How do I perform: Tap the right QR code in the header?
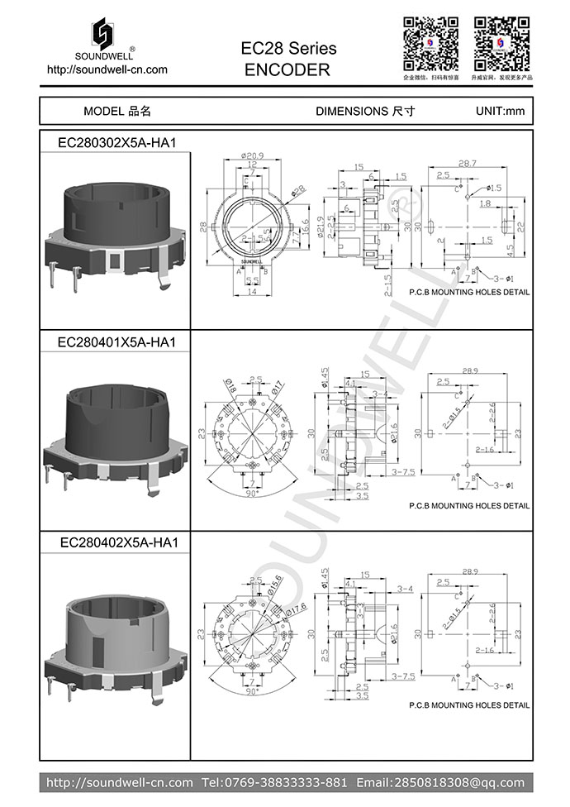[501, 43]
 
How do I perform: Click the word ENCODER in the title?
[287, 70]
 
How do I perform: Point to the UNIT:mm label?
[500, 111]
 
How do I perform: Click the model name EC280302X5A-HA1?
[116, 142]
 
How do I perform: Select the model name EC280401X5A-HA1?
[116, 341]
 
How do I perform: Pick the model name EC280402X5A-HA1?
[116, 542]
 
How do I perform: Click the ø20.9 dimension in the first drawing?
[253, 156]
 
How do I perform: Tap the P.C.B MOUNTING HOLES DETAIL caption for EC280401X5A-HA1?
[469, 505]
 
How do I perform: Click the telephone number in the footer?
[275, 782]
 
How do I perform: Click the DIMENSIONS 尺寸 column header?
[365, 111]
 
